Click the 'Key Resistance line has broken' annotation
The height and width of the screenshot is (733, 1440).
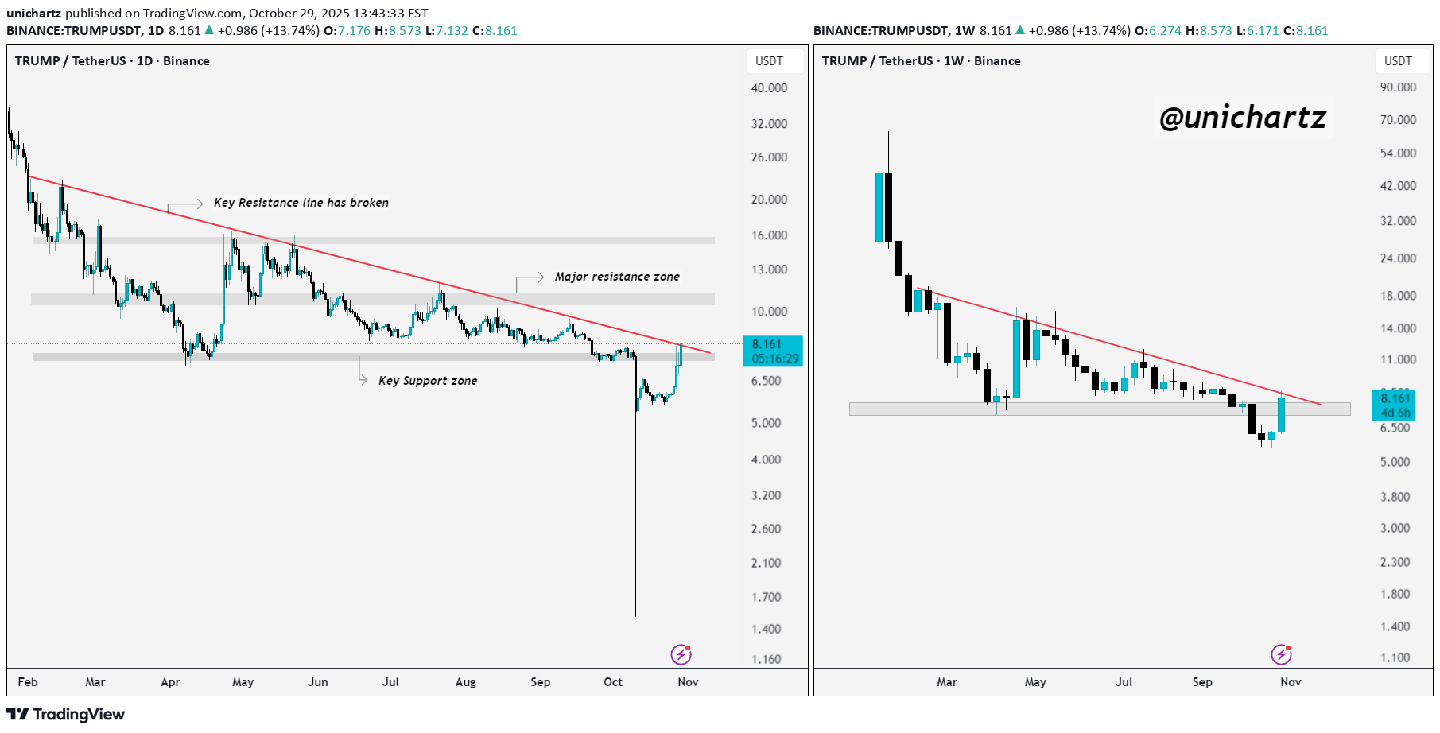301,203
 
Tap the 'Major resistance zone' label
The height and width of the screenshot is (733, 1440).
617,277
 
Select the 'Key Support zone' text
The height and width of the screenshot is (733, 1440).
428,381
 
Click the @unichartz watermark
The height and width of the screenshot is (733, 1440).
1242,118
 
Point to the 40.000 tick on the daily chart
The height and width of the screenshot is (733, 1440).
769,88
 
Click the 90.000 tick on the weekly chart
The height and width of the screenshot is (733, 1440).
1398,87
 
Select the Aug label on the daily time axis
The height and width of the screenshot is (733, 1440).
465,682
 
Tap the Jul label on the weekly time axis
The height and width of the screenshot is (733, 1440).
1124,682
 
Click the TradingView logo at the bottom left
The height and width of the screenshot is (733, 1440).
66,714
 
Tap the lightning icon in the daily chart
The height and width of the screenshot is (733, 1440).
681,654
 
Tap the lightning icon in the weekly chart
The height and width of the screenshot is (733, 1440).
1281,654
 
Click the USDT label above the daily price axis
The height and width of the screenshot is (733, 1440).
769,61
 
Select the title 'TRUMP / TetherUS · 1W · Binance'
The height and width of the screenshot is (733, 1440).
921,61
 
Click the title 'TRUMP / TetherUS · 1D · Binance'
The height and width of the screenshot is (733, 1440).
112,61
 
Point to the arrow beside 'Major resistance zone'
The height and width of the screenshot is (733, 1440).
529,280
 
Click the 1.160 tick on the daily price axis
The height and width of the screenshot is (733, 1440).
766,659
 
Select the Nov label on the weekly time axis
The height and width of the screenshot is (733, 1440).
1291,682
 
